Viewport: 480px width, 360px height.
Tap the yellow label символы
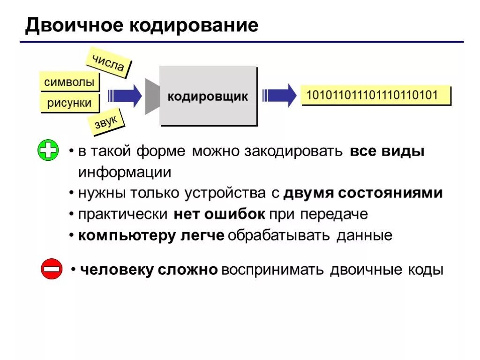69,82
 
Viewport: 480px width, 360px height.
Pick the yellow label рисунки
69,103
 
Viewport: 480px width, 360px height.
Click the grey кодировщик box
208,96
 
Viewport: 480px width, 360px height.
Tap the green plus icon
48,151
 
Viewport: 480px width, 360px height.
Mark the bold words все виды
387,152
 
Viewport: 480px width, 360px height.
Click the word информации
125,172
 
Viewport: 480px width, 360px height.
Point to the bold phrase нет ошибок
219,214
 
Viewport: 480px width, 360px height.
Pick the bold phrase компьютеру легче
151,235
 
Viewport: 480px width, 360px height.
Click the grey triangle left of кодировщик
152,96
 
